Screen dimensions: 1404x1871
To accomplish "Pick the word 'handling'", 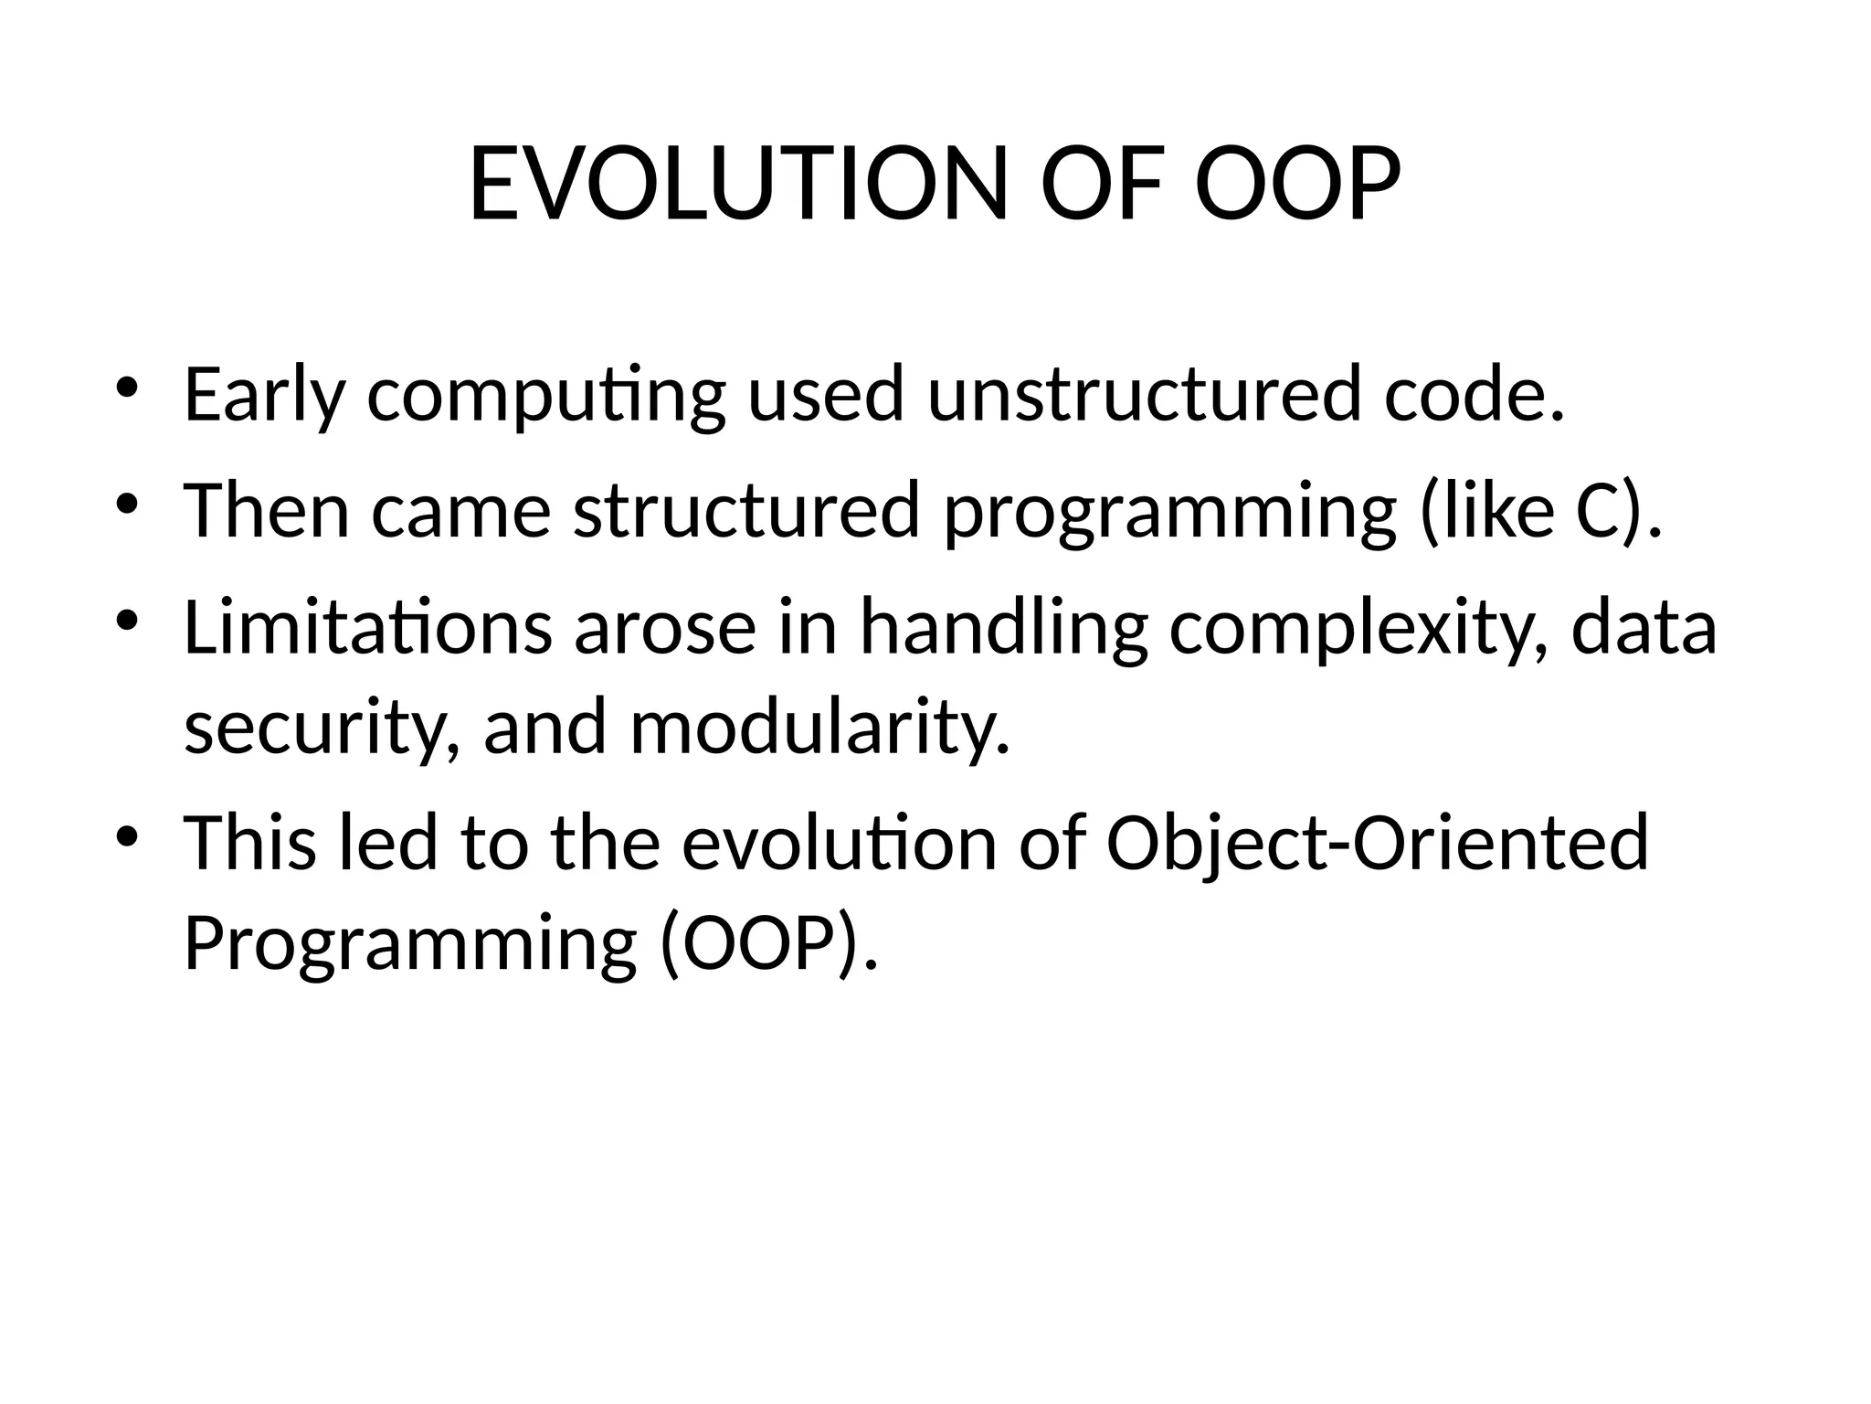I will [x=1003, y=631].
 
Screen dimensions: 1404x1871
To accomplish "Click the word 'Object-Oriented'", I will [x=1377, y=843].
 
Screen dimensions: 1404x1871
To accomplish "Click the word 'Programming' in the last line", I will [x=410, y=946].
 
